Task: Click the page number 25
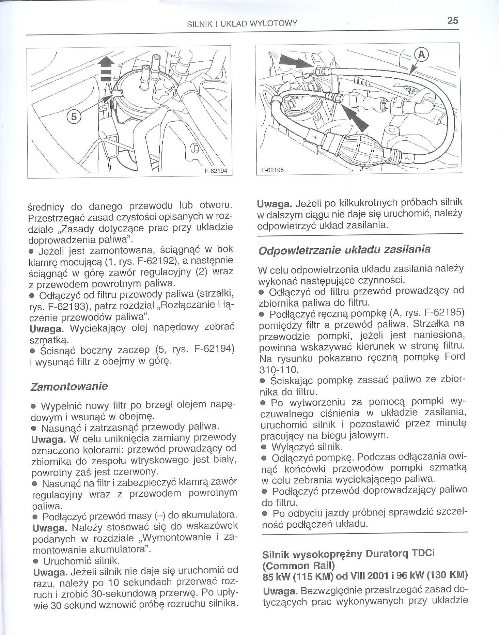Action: (453, 21)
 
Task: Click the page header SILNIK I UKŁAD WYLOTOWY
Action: (243, 24)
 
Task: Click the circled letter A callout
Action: (421, 55)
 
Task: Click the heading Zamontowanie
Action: (69, 386)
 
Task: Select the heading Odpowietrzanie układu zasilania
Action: (344, 249)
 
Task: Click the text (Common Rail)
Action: (299, 566)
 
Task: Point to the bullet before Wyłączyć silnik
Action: (263, 447)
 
